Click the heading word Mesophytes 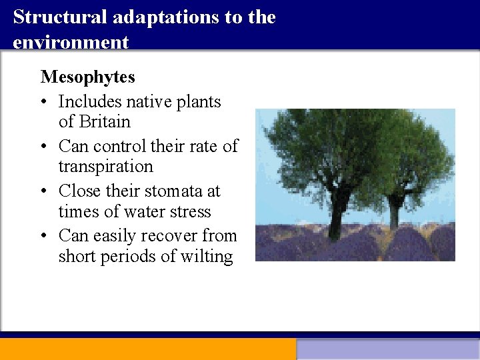point(87,77)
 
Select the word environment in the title point(70,42)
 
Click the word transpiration point(105,167)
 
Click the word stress point(189,212)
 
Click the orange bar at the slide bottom point(147,349)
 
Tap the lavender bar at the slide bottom point(387,349)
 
